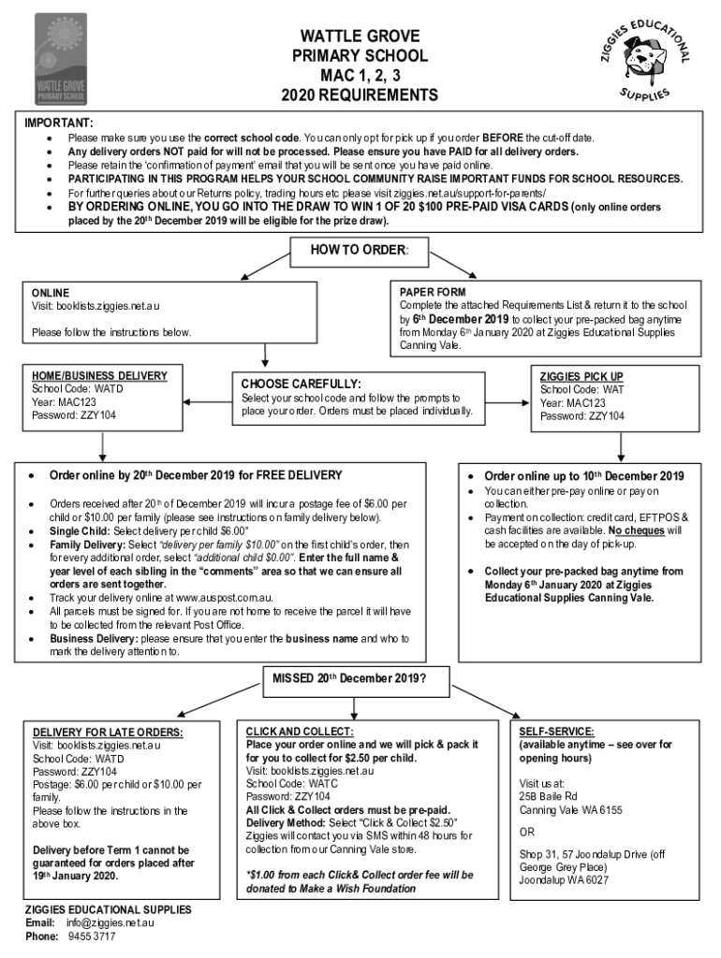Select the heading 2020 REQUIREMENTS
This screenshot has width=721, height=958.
pyautogui.click(x=359, y=95)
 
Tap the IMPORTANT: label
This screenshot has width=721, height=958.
pyautogui.click(x=58, y=123)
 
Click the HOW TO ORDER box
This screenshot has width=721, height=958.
pyautogui.click(x=360, y=252)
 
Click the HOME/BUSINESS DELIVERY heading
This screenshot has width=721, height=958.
pyautogui.click(x=99, y=376)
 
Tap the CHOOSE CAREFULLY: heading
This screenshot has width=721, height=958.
pyautogui.click(x=301, y=384)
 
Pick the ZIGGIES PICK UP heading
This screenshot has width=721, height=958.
pyautogui.click(x=581, y=376)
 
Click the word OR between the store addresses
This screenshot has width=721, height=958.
pyautogui.click(x=527, y=832)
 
